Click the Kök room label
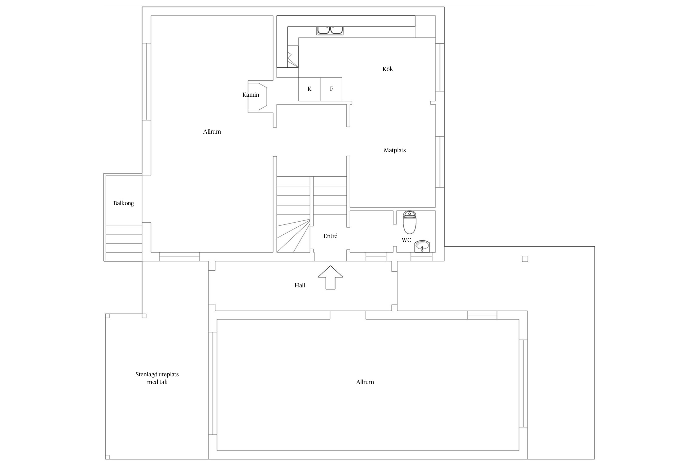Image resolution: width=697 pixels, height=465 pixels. pyautogui.click(x=388, y=69)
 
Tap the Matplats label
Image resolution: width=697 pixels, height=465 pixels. pyautogui.click(x=395, y=150)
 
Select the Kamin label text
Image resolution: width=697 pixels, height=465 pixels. pyautogui.click(x=251, y=95)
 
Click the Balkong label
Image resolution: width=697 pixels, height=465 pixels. pyautogui.click(x=124, y=203)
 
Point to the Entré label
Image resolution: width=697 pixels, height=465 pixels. pyautogui.click(x=330, y=236)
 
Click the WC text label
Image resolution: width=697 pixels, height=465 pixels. pyautogui.click(x=406, y=240)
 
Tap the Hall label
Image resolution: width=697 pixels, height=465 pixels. pyautogui.click(x=300, y=285)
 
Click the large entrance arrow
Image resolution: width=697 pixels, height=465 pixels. pyautogui.click(x=330, y=277)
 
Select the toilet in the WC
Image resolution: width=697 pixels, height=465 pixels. pyautogui.click(x=410, y=222)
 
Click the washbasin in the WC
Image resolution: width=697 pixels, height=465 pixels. pyautogui.click(x=422, y=246)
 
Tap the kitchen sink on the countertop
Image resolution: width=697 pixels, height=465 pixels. pyautogui.click(x=330, y=30)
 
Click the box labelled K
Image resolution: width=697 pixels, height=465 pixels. pyautogui.click(x=309, y=89)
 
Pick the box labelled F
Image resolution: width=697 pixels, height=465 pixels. pyautogui.click(x=331, y=89)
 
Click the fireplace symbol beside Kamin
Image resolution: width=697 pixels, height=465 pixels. pyautogui.click(x=257, y=96)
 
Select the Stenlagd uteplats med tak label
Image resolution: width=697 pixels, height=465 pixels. pyautogui.click(x=157, y=378)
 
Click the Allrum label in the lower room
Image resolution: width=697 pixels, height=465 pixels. pyautogui.click(x=365, y=382)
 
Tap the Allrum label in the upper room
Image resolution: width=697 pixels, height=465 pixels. pyautogui.click(x=212, y=132)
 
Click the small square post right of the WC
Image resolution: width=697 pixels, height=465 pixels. pyautogui.click(x=525, y=259)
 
